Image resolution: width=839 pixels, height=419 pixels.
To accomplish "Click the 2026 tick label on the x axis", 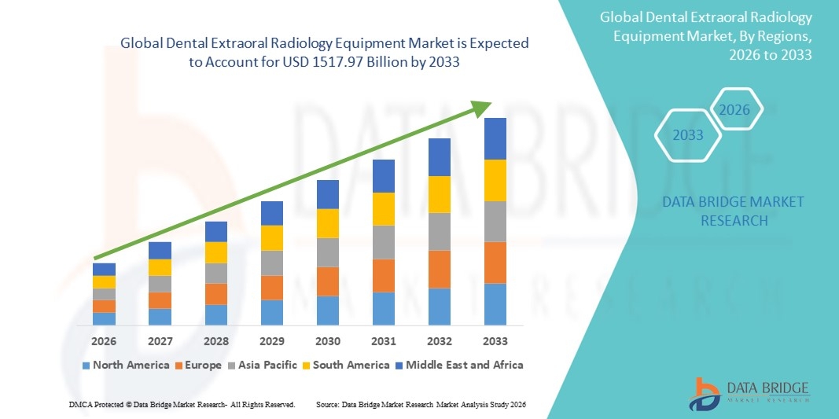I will (104, 341).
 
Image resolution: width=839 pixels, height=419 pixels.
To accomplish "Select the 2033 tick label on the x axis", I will (495, 341).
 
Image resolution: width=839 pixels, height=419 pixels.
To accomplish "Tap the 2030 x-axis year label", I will (328, 341).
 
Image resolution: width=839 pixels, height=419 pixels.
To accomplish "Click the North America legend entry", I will (126, 365).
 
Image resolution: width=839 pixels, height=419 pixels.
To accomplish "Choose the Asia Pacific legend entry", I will (263, 365).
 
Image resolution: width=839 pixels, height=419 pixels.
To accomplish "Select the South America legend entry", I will (348, 365).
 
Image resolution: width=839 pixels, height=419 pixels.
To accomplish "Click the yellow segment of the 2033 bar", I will (495, 180).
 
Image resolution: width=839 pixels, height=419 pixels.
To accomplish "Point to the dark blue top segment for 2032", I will (440, 156).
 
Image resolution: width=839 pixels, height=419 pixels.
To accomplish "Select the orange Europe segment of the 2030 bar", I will (328, 281).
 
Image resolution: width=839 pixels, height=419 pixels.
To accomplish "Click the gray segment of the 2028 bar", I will (216, 273).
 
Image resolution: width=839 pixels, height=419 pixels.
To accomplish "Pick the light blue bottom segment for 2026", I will (104, 318).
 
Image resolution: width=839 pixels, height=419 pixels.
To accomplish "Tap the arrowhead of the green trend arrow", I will (483, 107).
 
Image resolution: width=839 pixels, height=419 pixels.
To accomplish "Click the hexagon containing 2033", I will (688, 135).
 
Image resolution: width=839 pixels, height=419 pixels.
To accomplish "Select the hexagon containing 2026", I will (735, 110).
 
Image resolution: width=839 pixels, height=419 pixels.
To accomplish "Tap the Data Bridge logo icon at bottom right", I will (705, 393).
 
